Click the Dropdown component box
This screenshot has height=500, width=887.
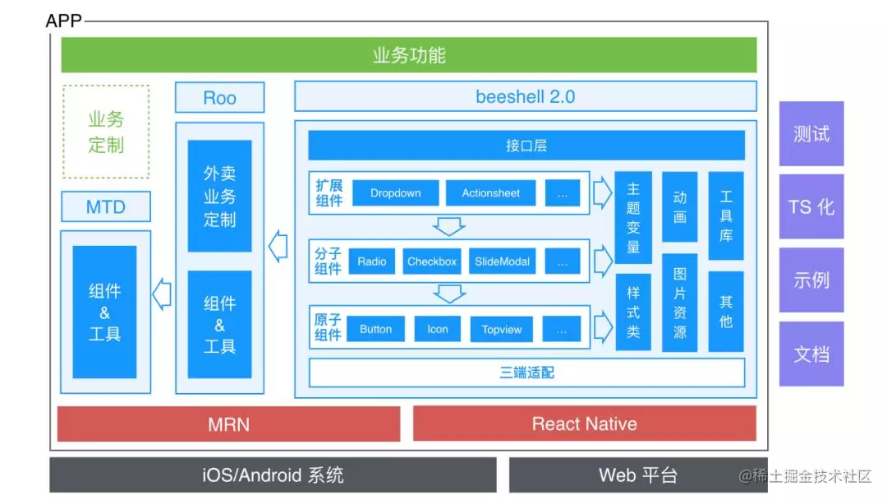[x=395, y=193]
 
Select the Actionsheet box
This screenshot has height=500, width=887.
[x=490, y=193]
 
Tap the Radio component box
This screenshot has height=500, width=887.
[x=372, y=262]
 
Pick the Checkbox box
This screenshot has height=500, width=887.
[x=432, y=262]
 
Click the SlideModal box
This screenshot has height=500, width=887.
[x=502, y=262]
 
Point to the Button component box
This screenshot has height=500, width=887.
[x=375, y=329]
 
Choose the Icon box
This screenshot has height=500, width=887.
[x=437, y=329]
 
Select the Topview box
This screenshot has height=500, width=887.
[x=501, y=329]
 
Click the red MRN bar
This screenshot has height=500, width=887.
[x=228, y=424]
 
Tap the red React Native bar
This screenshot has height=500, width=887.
[x=585, y=424]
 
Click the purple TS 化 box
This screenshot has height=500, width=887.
[x=811, y=206]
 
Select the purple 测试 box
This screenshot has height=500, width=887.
[x=811, y=134]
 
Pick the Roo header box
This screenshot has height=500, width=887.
[x=219, y=97]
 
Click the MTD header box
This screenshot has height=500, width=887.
[x=106, y=206]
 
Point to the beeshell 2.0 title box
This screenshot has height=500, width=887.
[x=526, y=96]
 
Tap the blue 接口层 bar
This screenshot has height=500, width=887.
[x=526, y=146]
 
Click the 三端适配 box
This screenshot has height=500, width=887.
[x=526, y=373]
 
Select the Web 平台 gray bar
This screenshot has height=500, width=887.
[x=638, y=475]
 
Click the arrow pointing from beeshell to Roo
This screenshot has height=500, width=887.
[x=278, y=247]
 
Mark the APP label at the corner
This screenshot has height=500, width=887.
[x=63, y=21]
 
